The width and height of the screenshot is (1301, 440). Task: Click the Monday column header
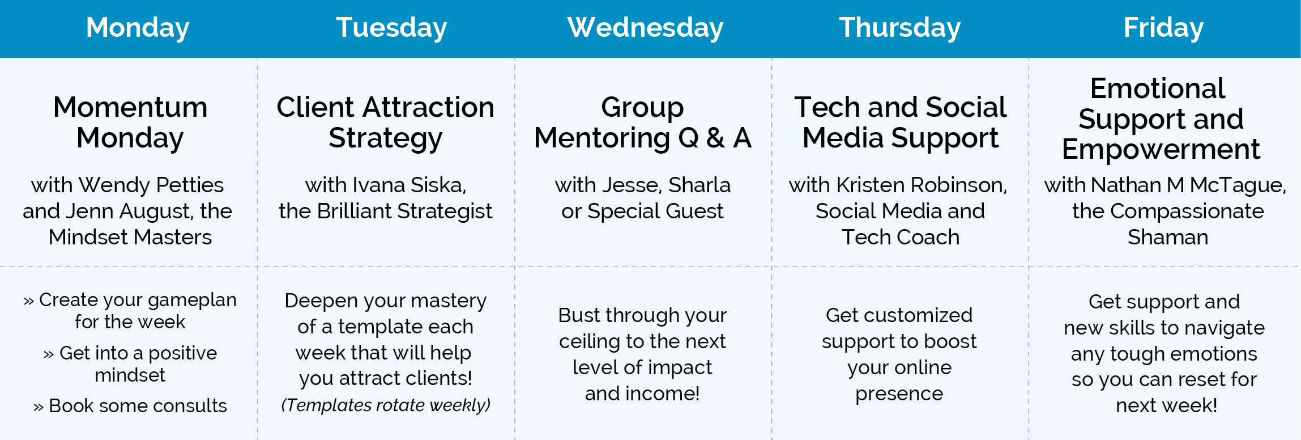(x=138, y=28)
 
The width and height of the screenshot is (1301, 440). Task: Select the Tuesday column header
(x=391, y=28)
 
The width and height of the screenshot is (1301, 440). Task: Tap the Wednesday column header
(x=645, y=27)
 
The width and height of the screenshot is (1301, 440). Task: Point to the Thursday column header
(x=899, y=28)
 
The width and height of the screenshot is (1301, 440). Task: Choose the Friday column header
(x=1163, y=28)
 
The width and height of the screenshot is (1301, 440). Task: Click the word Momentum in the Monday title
(x=130, y=107)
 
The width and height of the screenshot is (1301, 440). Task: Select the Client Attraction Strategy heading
(x=385, y=122)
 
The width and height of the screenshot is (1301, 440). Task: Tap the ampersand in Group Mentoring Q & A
(x=716, y=138)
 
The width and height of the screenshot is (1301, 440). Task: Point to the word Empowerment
(x=1161, y=150)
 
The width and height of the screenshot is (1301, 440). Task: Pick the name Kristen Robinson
(x=922, y=185)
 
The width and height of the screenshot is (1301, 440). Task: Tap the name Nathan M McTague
(x=1188, y=185)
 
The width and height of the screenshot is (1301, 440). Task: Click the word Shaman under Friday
(x=1168, y=237)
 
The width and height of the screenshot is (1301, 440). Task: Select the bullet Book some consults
(x=130, y=405)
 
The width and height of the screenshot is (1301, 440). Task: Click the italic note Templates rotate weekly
(x=386, y=405)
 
